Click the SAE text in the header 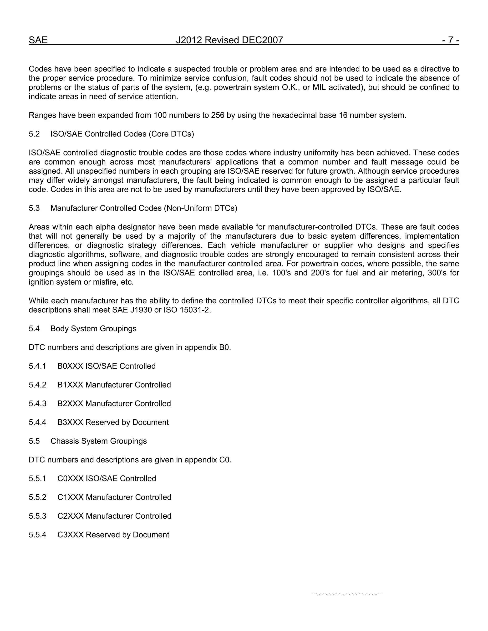pyautogui.click(x=38, y=40)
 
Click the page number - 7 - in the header pyautogui.click(x=450, y=40)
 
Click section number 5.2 pyautogui.click(x=34, y=134)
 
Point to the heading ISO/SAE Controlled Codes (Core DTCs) pyautogui.click(x=122, y=134)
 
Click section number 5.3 pyautogui.click(x=34, y=208)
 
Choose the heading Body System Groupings pyautogui.click(x=93, y=329)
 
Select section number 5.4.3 pyautogui.click(x=37, y=404)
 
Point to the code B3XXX pyautogui.click(x=70, y=422)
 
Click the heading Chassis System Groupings pyautogui.click(x=99, y=441)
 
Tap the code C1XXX pyautogui.click(x=71, y=497)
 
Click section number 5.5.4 pyautogui.click(x=37, y=535)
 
